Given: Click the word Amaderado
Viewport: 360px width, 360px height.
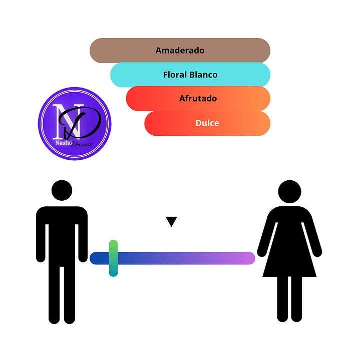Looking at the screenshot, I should click(180, 51).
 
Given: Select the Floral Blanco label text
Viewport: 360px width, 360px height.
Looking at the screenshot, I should click(190, 75).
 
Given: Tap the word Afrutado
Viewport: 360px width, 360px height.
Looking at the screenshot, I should click(198, 99).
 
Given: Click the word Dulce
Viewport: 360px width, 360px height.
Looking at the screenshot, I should click(207, 123).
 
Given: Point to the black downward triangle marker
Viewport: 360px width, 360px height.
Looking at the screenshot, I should click(172, 221).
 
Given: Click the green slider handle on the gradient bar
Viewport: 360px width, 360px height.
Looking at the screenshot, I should click(113, 258).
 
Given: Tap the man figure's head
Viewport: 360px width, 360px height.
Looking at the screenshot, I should click(62, 191).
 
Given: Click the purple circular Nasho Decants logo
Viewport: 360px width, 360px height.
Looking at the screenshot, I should click(75, 124).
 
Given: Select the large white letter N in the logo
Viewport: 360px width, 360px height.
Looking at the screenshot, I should click(62, 120).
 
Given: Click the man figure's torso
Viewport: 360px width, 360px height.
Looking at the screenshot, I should click(62, 230).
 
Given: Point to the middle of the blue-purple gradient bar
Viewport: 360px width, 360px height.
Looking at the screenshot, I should click(172, 258).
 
